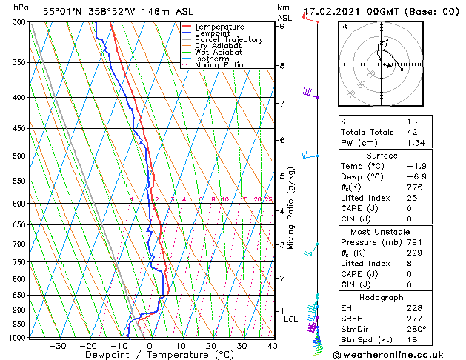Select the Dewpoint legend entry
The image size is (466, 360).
(x=213, y=33)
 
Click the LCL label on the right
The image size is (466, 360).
(x=290, y=319)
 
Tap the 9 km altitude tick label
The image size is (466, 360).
(x=282, y=26)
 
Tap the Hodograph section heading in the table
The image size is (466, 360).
(x=382, y=297)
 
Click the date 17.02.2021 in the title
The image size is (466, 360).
(x=335, y=12)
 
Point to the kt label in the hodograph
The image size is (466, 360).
(x=344, y=27)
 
